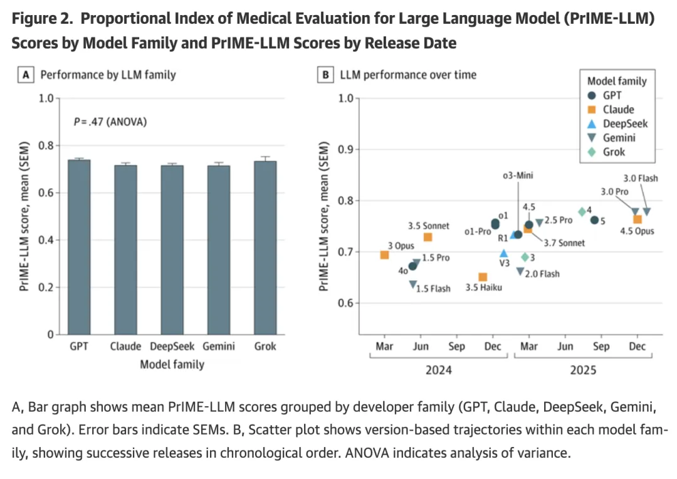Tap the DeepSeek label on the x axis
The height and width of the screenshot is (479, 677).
tap(172, 346)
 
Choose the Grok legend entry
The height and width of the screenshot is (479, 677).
tap(614, 151)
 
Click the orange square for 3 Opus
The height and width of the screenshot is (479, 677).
tap(385, 255)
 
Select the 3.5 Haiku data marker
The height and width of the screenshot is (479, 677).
tap(483, 277)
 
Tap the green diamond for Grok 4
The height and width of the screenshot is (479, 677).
tap(582, 212)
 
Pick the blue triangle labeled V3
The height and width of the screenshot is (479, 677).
tap(503, 253)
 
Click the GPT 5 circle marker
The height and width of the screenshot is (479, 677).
tap(594, 219)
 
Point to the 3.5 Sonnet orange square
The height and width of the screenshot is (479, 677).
tap(428, 237)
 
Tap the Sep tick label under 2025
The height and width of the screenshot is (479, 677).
tap(601, 347)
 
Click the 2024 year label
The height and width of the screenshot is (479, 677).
tap(439, 370)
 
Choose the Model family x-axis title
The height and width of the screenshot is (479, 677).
tap(172, 364)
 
